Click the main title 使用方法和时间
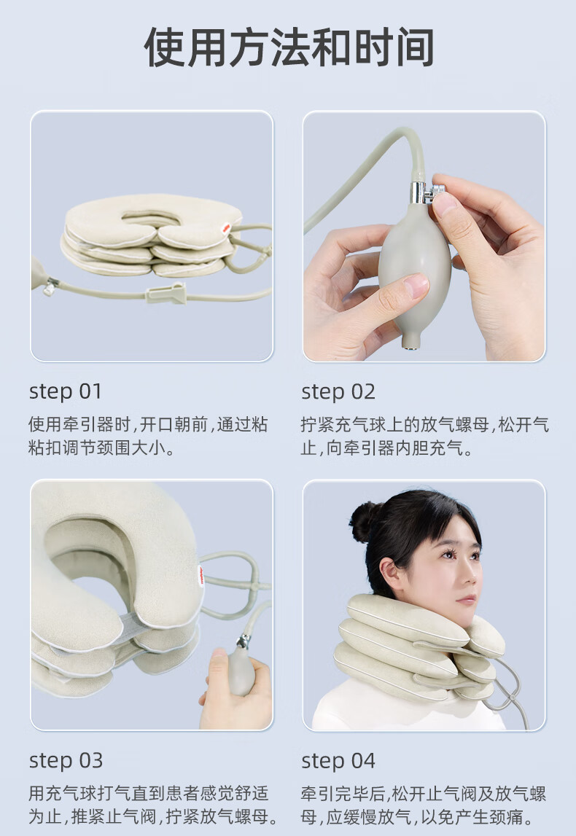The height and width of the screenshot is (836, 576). (x=289, y=48)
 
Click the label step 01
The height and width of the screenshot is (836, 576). (x=65, y=392)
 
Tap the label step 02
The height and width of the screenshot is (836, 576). (x=338, y=392)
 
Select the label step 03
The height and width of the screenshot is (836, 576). (x=66, y=761)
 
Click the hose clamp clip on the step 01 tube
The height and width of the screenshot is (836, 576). (x=166, y=293)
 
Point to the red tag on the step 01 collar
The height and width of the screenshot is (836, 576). (x=226, y=229)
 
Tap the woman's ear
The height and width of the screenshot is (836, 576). (x=392, y=576)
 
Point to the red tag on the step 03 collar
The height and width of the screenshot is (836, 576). (x=201, y=575)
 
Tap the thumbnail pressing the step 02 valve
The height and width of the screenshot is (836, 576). (x=444, y=203)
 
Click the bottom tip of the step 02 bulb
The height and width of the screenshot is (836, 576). (x=410, y=346)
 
